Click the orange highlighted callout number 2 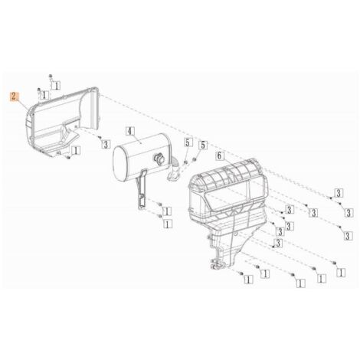[14, 97]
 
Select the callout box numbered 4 [130, 131]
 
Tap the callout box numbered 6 [220, 155]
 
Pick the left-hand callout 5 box [188, 142]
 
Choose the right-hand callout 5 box [203, 146]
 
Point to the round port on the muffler [159, 159]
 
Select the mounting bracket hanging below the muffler [141, 189]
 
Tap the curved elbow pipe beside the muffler [174, 171]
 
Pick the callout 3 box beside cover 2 [106, 145]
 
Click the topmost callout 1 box [56, 85]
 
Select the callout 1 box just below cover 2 [76, 150]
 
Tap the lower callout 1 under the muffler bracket [168, 224]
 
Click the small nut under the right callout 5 [194, 159]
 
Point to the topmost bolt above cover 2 [51, 76]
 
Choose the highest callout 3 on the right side [339, 193]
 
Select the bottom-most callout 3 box [278, 243]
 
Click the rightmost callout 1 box [341, 273]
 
